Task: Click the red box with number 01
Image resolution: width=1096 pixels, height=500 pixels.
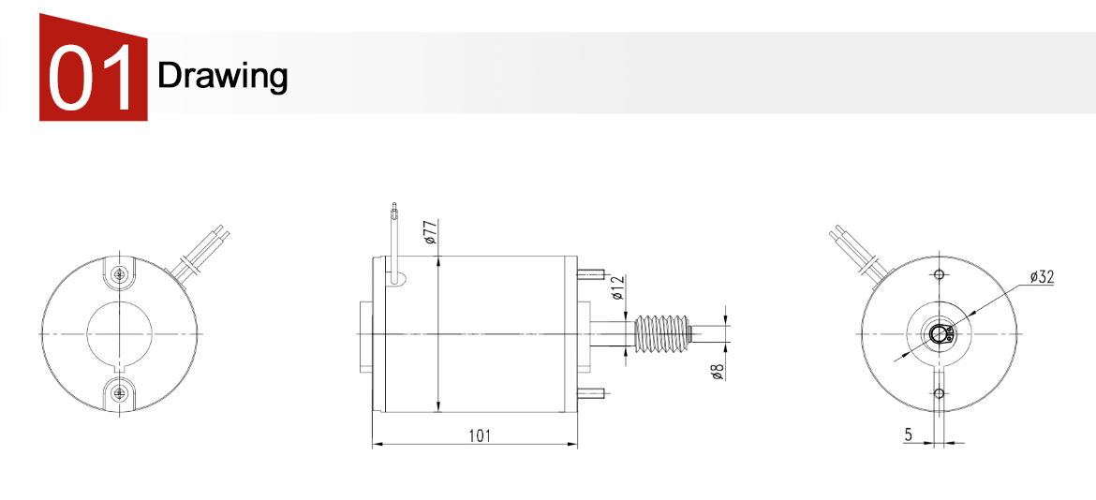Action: coord(93,67)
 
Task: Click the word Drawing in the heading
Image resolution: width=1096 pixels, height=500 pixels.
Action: coord(222,76)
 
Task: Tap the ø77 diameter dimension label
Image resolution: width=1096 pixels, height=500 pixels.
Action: coord(430,231)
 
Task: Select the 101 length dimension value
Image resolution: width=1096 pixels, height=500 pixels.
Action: coord(480,435)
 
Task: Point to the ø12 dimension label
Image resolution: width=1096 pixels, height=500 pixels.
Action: coord(616,287)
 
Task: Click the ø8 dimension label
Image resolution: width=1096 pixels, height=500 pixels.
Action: coord(717,372)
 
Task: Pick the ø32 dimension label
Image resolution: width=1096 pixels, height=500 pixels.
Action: coord(1041,277)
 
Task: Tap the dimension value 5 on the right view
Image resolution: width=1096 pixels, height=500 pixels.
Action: coord(908,434)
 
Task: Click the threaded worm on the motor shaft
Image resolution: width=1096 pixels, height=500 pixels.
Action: coord(662,333)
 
